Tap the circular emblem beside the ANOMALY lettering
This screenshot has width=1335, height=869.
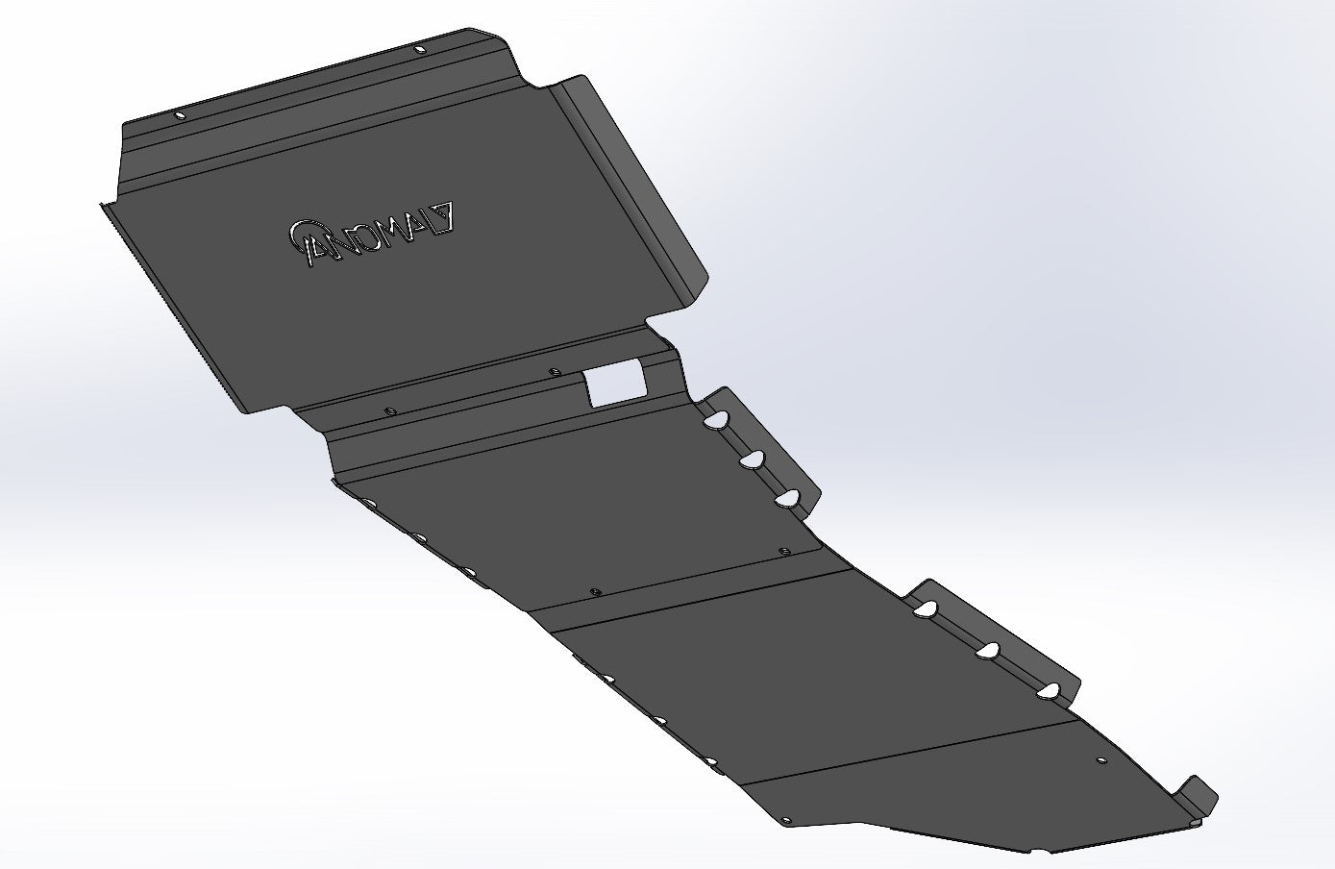[x=303, y=235]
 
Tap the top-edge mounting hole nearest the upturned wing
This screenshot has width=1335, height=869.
[x=418, y=48]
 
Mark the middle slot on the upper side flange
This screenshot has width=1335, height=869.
[x=753, y=459]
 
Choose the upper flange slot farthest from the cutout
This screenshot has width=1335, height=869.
[x=788, y=497]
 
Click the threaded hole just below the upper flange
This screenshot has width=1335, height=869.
[x=783, y=553]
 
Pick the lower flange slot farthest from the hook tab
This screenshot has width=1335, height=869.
[x=927, y=608]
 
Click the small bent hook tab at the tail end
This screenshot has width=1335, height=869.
[x=1201, y=793]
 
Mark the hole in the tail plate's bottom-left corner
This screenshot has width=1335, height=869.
[x=785, y=822]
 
